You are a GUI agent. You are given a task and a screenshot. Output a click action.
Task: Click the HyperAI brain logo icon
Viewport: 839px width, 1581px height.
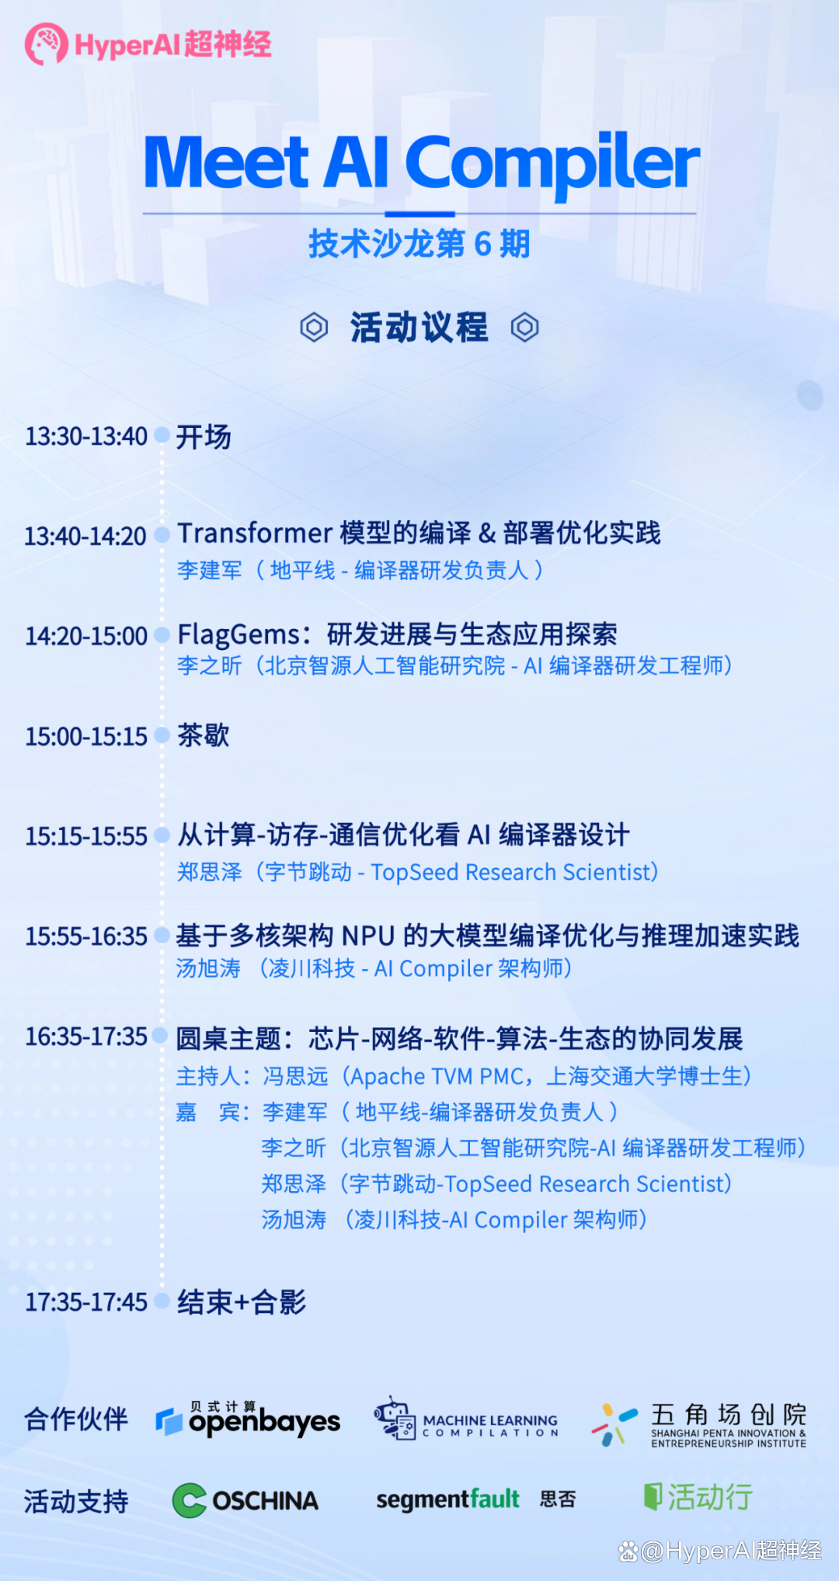click(x=47, y=44)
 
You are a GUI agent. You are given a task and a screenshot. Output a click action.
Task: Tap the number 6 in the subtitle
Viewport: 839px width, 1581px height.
click(x=482, y=244)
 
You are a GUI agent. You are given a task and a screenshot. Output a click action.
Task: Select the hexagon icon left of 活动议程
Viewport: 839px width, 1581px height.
click(x=314, y=327)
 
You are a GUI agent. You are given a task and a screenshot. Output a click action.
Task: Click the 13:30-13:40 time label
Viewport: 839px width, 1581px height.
click(x=86, y=436)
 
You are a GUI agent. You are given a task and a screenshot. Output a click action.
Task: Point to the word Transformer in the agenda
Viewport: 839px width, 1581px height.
click(x=255, y=533)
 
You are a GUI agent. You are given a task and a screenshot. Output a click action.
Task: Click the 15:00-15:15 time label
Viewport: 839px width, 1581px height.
click(x=86, y=736)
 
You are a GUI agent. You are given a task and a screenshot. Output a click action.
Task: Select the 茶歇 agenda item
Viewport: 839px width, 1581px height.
click(x=204, y=735)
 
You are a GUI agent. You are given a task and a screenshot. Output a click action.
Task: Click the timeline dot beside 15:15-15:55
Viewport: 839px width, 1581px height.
click(x=162, y=836)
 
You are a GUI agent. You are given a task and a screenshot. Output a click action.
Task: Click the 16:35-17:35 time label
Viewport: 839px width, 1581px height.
click(x=86, y=1037)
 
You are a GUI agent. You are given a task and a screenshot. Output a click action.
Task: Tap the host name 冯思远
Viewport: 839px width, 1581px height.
click(x=295, y=1076)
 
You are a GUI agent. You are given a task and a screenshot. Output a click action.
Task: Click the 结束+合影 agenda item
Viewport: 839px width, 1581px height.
click(x=242, y=1302)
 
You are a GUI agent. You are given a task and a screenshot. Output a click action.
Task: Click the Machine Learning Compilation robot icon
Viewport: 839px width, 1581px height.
click(x=395, y=1418)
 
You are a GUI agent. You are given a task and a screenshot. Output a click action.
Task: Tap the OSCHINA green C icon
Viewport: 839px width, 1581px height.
click(x=190, y=1500)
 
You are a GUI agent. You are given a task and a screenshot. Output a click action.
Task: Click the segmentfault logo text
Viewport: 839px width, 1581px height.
click(x=447, y=1499)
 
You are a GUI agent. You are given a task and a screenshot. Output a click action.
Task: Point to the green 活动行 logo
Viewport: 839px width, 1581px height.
click(x=698, y=1497)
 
